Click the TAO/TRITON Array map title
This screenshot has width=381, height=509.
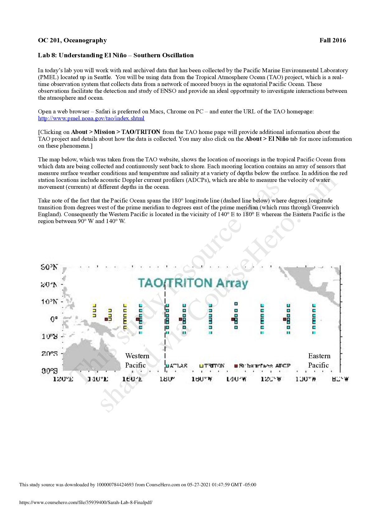coord(193,283)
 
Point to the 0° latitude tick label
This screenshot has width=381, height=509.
coord(54,319)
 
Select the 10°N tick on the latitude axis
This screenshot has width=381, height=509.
coord(49,302)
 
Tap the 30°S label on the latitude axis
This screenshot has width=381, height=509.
coord(49,371)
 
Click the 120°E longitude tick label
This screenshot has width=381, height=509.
coord(63,379)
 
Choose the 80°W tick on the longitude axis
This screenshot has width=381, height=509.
coord(340,379)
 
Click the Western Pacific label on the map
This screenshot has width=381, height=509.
coord(137,360)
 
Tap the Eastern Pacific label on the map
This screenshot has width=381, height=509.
coord(319,360)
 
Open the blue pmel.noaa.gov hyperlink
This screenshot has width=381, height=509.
coord(91,118)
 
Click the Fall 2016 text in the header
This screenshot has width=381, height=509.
coord(332,40)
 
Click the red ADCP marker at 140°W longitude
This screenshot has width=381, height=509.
coord(233,319)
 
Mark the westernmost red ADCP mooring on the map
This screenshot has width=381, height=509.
coord(106,319)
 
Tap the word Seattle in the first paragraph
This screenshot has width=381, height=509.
coord(102,77)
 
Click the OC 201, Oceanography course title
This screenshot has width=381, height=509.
coord(72,40)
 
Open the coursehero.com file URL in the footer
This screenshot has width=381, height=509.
coord(86,502)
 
